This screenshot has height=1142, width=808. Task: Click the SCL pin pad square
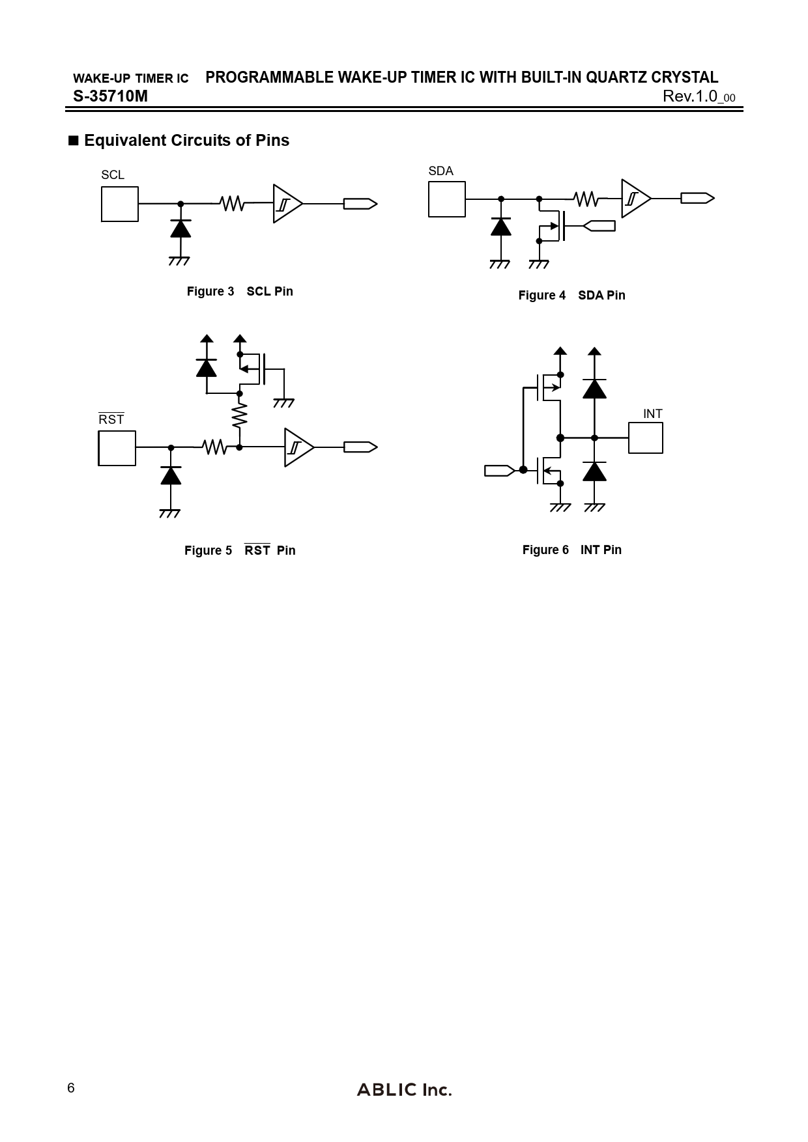pyautogui.click(x=120, y=204)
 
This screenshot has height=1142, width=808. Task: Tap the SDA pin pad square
pyautogui.click(x=446, y=199)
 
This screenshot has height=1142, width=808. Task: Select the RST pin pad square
pyautogui.click(x=117, y=448)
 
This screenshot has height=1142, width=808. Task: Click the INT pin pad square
pyautogui.click(x=645, y=438)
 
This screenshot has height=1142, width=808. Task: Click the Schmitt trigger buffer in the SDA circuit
pyautogui.click(x=635, y=199)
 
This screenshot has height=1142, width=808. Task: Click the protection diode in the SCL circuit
pyautogui.click(x=180, y=229)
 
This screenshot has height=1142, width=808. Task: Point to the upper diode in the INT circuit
pyautogui.click(x=594, y=389)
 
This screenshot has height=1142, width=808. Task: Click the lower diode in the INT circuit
pyautogui.click(x=594, y=471)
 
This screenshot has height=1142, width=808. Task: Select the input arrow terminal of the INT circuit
pyautogui.click(x=500, y=470)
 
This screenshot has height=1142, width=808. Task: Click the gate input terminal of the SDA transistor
pyautogui.click(x=599, y=226)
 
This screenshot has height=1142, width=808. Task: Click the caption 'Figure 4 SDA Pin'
pyautogui.click(x=571, y=295)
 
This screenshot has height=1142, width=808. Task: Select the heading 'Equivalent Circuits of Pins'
pyautogui.click(x=186, y=141)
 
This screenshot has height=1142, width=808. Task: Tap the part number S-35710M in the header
pyautogui.click(x=110, y=96)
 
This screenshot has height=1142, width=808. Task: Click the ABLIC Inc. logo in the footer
pyautogui.click(x=404, y=1090)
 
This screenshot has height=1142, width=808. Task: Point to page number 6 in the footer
pyautogui.click(x=71, y=1088)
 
